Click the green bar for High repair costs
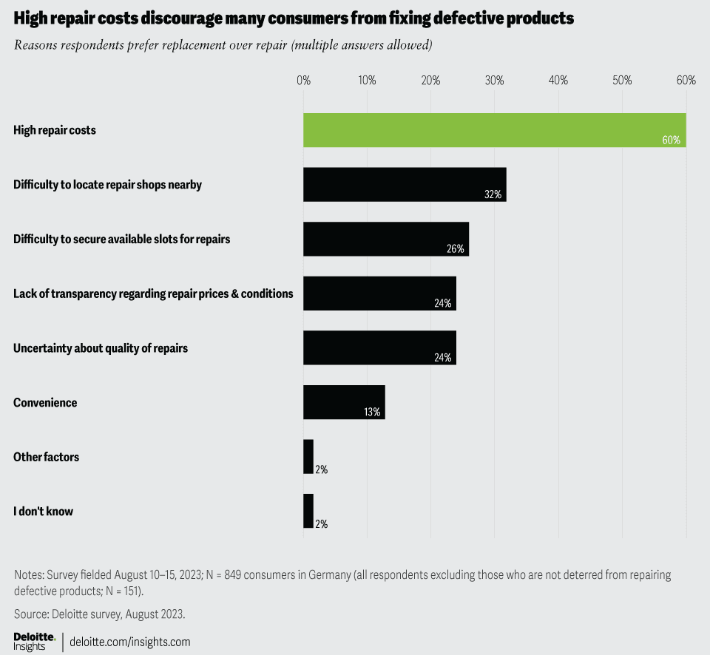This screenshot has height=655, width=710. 494,130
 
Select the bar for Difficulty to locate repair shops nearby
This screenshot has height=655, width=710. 405,184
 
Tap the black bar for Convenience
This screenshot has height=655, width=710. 344,402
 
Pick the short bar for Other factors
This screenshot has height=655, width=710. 308,457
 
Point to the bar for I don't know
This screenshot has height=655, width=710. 308,511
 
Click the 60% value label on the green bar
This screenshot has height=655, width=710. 671,140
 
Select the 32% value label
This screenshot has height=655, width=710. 493,194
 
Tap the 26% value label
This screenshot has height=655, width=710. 455,249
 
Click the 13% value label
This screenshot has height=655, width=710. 372,412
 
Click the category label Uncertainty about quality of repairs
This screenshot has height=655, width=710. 101,347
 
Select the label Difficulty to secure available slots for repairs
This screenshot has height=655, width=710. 122,239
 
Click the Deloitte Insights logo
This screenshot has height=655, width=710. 34,641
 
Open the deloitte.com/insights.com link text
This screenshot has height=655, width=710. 129,642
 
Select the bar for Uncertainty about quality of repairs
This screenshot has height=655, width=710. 379,347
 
